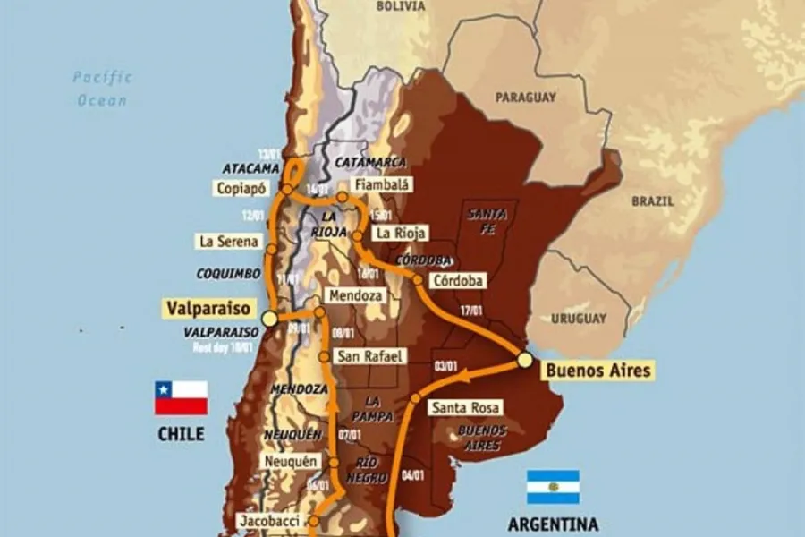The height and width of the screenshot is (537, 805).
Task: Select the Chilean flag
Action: (x=181, y=397)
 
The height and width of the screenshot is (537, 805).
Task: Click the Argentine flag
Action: (x=553, y=487)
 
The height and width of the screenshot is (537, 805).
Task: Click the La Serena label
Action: (x=229, y=242)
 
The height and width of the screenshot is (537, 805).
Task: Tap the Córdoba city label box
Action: (x=457, y=280)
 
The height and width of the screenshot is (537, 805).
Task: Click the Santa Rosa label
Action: (x=464, y=407)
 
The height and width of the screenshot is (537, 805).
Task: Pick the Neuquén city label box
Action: (x=292, y=461)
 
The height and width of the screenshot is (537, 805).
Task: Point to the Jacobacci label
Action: (x=267, y=520)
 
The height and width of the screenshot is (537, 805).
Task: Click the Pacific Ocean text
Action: (x=102, y=89)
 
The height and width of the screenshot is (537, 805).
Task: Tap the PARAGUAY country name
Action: (x=525, y=98)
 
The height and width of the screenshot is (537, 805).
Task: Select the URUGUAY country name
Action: (x=577, y=318)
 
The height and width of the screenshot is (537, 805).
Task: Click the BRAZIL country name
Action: (x=653, y=201)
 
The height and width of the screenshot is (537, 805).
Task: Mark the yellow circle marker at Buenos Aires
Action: (x=525, y=360)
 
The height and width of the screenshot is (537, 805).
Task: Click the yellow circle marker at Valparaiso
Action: (x=269, y=319)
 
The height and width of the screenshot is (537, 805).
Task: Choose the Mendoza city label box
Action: (x=356, y=294)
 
